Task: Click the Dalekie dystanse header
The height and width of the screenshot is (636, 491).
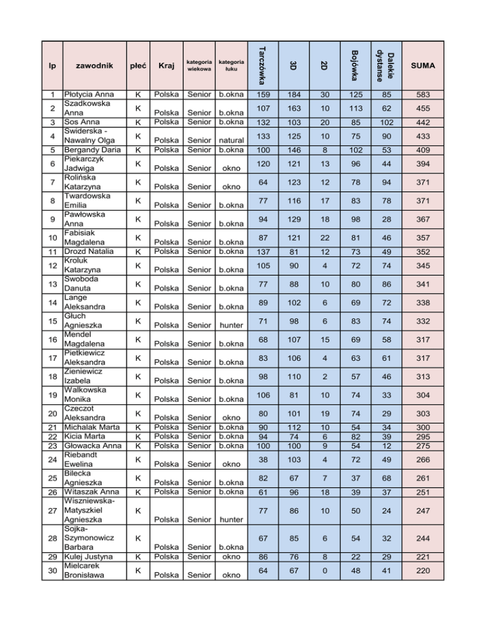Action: click(386, 65)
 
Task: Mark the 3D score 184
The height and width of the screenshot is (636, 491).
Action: click(292, 95)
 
